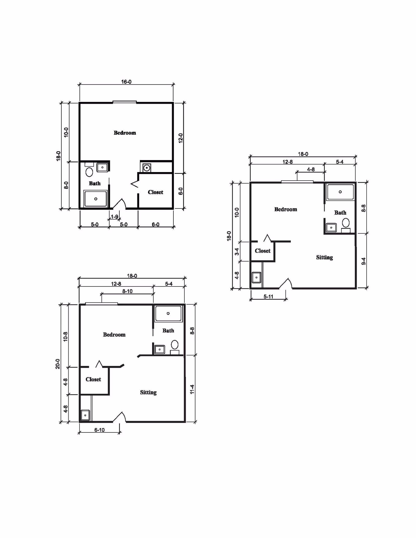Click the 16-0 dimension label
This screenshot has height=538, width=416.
[126, 82]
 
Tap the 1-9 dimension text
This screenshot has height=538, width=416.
[115, 217]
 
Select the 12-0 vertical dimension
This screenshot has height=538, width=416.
[181, 138]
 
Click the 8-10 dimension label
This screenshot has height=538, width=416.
[127, 291]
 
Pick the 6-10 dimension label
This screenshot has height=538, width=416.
[99, 430]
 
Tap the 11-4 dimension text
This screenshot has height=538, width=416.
[192, 389]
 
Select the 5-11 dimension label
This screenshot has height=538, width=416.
[268, 297]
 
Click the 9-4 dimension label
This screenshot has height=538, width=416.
[364, 261]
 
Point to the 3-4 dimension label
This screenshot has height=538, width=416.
[237, 252]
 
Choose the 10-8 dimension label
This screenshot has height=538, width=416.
[66, 337]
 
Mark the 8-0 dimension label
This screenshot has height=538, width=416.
[66, 185]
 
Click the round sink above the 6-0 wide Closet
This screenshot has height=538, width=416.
[147, 168]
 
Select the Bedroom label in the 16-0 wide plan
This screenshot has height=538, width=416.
[125, 133]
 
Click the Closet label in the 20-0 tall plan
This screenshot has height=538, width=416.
[93, 379]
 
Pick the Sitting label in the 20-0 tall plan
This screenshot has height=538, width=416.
[148, 392]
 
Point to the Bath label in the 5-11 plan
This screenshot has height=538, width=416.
[340, 213]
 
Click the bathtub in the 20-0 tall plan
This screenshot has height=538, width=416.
[168, 313]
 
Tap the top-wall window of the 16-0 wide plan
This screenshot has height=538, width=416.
[125, 102]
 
